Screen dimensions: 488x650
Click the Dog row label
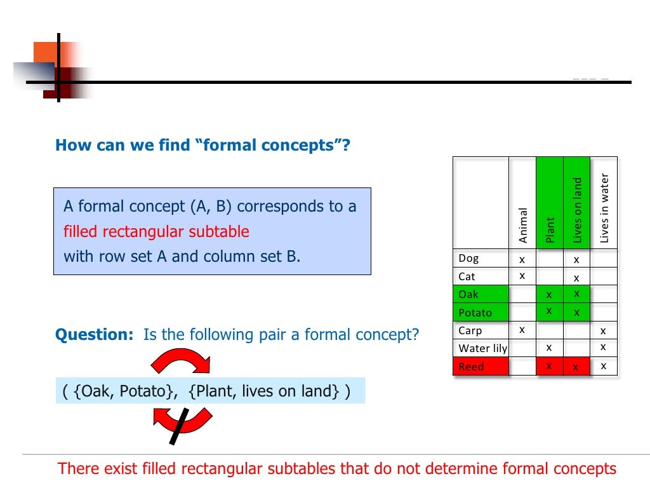[469, 259]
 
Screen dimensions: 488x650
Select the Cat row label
[467, 276]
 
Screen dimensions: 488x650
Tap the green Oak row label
[469, 294]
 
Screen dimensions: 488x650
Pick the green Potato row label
[475, 313]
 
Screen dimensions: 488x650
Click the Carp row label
[470, 330]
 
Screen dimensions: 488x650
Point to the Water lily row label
[483, 348]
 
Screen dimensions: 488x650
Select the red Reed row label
[472, 367]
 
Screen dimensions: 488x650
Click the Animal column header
[523, 225]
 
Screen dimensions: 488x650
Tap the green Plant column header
[550, 229]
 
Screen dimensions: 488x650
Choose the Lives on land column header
[577, 210]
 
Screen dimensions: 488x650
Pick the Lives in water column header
[604, 208]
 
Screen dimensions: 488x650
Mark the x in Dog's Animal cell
[522, 259]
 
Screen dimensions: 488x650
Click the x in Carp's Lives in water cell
[604, 330]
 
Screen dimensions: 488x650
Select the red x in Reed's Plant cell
[549, 366]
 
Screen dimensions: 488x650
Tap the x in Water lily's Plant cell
[549, 348]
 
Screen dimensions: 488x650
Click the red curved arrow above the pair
[181, 360]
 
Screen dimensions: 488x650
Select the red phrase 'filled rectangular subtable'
[156, 232]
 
